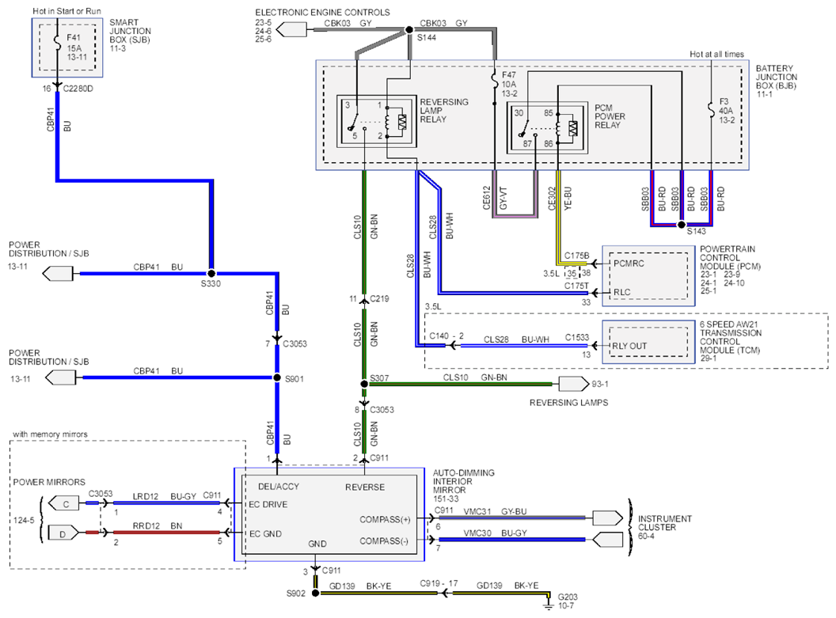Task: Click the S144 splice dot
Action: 409,30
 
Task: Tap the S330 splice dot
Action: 211,273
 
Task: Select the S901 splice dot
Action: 277,377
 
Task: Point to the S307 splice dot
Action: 364,384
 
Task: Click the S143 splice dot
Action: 682,225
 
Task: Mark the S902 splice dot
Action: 315,593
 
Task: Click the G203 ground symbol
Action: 548,604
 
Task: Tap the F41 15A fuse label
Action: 74,47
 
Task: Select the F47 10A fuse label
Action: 509,84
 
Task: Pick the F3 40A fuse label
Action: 727,111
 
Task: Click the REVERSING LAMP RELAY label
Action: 443,111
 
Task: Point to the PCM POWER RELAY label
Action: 610,116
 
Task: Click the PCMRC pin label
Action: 629,264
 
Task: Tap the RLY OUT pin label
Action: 629,346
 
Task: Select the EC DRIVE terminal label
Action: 268,504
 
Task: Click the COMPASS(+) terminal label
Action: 385,519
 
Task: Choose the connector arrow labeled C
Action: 63,503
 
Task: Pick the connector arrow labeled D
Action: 63,533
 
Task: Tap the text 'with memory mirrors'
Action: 50,434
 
